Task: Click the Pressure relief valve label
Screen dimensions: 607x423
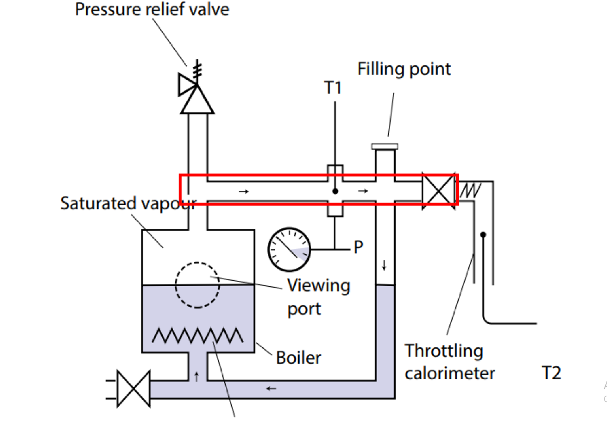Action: (152, 9)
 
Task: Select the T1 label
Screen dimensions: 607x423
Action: (333, 88)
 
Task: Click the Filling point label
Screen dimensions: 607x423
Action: (404, 69)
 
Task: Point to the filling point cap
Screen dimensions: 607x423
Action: (385, 146)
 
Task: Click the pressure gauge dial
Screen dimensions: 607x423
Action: (289, 249)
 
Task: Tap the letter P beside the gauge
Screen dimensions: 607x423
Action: (359, 247)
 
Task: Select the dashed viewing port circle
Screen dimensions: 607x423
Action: (197, 285)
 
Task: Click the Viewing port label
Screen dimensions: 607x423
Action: (318, 297)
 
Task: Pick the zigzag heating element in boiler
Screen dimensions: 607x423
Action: (198, 336)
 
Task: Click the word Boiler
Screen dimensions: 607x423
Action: (299, 358)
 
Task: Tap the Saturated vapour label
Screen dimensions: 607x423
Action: (129, 204)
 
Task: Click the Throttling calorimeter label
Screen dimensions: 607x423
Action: (450, 362)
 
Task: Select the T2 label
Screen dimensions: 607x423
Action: (552, 373)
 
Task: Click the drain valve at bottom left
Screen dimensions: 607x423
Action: (133, 389)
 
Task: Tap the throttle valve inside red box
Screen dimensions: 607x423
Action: (439, 191)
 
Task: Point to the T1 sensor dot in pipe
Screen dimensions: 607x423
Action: (336, 191)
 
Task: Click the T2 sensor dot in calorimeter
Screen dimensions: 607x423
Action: (483, 235)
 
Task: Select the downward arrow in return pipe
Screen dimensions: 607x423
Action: (384, 265)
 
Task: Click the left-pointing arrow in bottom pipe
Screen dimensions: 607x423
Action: (271, 388)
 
